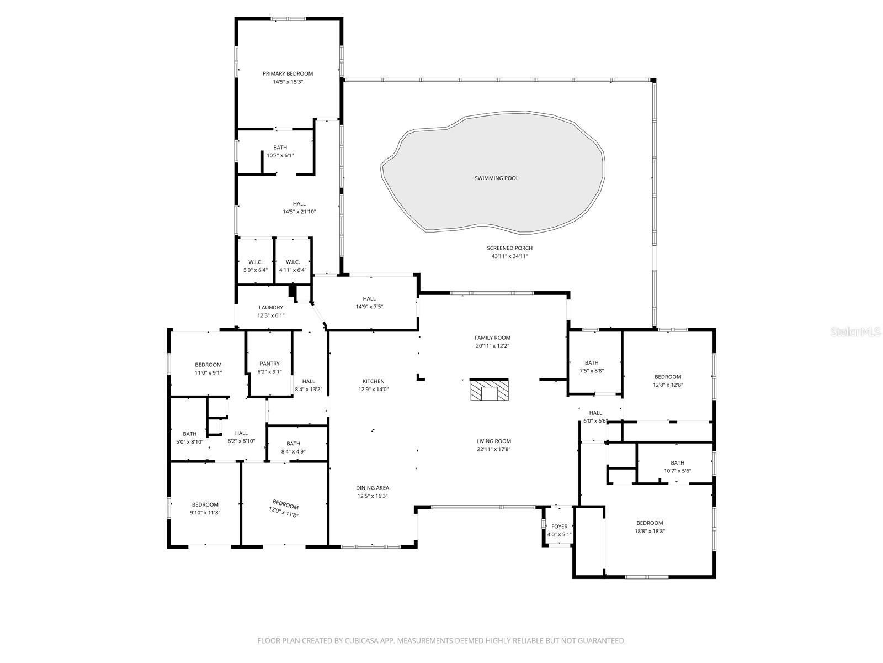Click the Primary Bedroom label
[x=288, y=73]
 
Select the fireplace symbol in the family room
[x=489, y=390]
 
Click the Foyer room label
[x=559, y=527]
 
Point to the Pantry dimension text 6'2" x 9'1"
[x=269, y=372]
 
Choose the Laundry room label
[x=270, y=308]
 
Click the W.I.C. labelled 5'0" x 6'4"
[x=255, y=262]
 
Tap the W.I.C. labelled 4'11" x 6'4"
[x=292, y=262]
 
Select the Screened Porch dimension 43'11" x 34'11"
[x=509, y=256]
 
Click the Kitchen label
[x=373, y=381]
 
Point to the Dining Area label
[x=372, y=488]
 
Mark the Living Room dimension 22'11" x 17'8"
[x=494, y=449]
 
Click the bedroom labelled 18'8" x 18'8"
[x=650, y=523]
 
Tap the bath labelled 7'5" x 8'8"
[x=592, y=363]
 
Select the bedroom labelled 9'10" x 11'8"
[x=205, y=504]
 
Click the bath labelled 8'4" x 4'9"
[x=293, y=444]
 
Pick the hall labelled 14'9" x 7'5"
[x=369, y=299]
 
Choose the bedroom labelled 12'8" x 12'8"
[x=668, y=377]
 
